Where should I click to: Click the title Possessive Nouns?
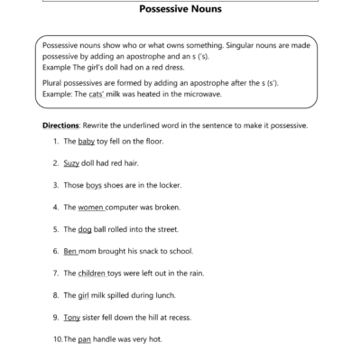[x=180, y=13]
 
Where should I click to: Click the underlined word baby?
[x=87, y=142]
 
